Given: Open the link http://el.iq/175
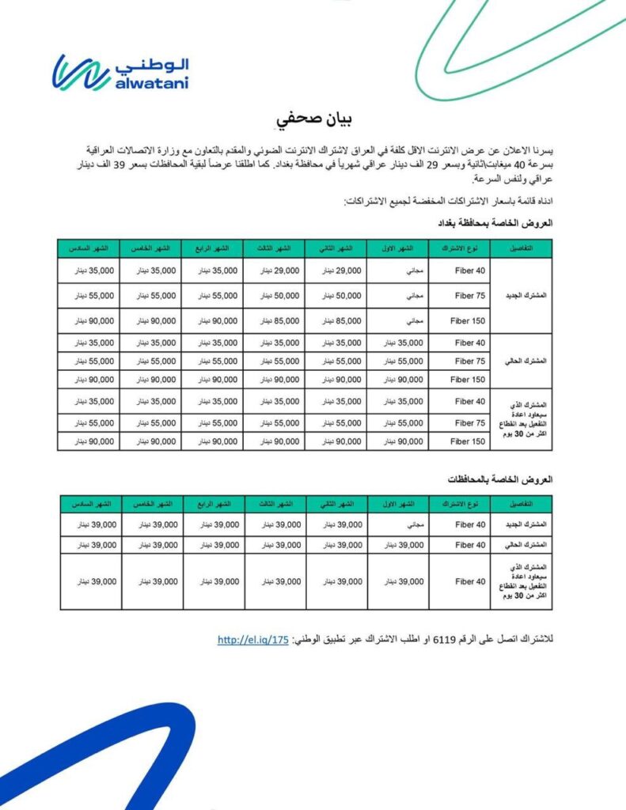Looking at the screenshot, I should [x=253, y=640].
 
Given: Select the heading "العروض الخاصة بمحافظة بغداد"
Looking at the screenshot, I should [x=495, y=223].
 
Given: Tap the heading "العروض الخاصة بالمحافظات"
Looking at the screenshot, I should [x=499, y=479].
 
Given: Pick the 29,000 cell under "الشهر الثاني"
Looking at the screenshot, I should [x=336, y=271].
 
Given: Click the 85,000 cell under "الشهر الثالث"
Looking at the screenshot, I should [x=274, y=321].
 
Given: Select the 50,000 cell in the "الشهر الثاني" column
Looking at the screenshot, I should [x=336, y=296].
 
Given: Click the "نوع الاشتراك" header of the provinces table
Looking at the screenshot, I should [x=459, y=504].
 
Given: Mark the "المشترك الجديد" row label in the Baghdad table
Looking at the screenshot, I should [x=522, y=296].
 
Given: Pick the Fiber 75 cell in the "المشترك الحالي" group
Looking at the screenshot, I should [x=459, y=361].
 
